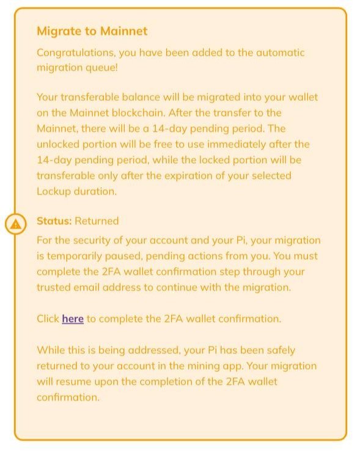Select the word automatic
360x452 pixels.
275,53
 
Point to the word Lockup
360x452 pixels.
56,191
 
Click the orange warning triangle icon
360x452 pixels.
16,224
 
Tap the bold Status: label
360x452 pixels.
54,221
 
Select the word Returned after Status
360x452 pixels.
97,221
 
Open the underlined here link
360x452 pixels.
73,319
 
